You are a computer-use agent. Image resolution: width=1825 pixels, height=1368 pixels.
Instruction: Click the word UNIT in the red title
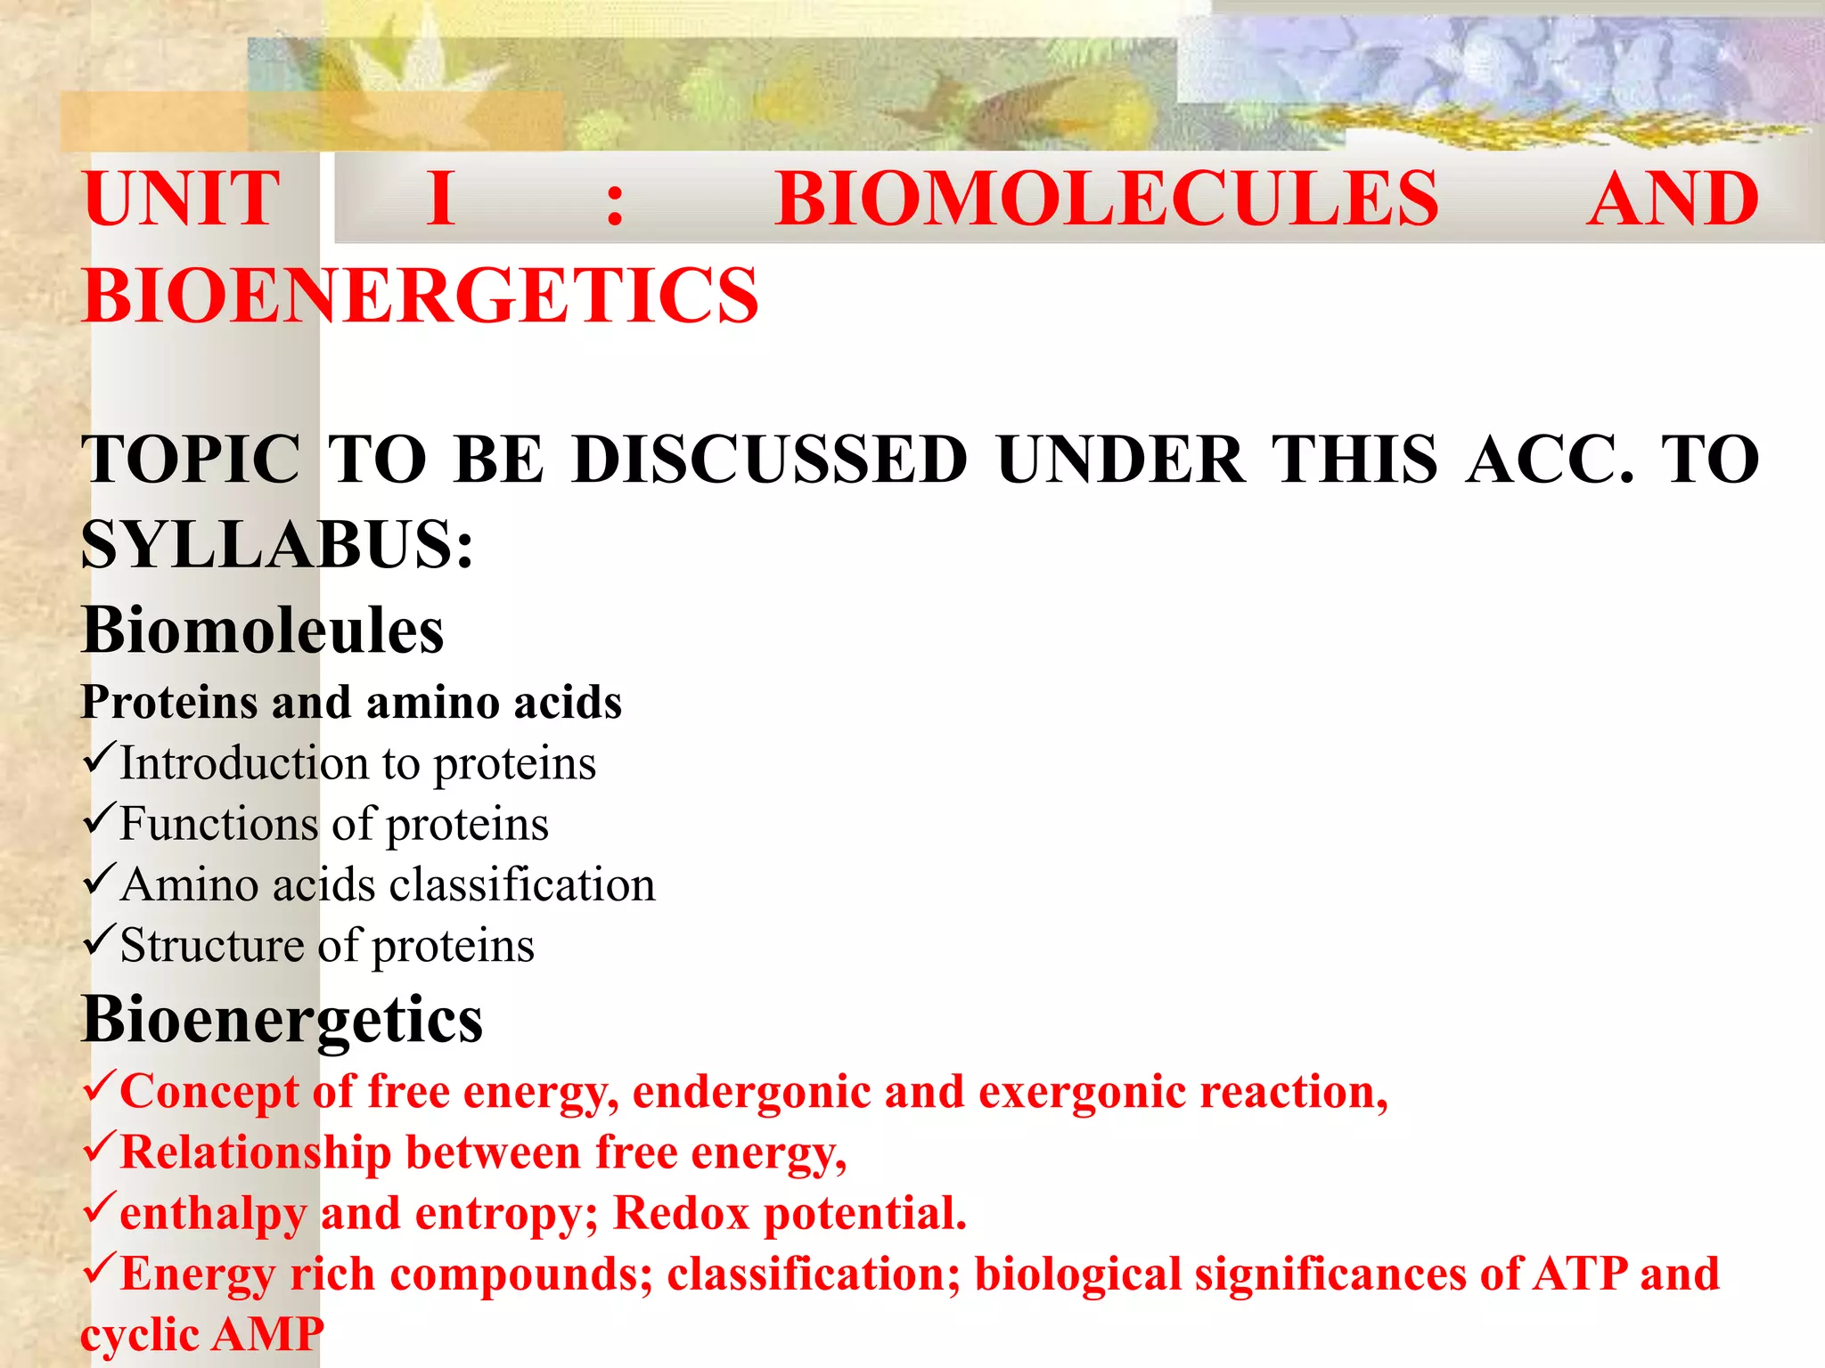coord(182,199)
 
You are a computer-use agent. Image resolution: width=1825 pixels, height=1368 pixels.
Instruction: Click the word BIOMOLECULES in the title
coord(1106,199)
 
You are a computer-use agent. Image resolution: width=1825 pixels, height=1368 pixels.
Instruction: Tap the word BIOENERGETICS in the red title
coord(420,296)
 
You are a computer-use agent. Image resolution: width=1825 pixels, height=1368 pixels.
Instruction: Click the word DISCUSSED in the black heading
coord(770,460)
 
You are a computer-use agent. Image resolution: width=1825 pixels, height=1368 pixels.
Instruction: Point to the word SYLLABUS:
coord(277,545)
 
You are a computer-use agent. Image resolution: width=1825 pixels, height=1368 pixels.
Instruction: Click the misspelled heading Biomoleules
coord(262,631)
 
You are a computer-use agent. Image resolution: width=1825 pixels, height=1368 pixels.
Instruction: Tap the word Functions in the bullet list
coord(218,824)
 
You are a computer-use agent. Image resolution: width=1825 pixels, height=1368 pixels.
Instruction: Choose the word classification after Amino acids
coord(521,885)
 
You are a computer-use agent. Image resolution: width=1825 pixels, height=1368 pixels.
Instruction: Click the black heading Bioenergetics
coord(282,1019)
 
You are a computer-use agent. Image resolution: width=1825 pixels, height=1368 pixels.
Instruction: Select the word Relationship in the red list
coord(255,1153)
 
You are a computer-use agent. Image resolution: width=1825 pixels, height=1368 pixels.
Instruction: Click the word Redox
coord(681,1214)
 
